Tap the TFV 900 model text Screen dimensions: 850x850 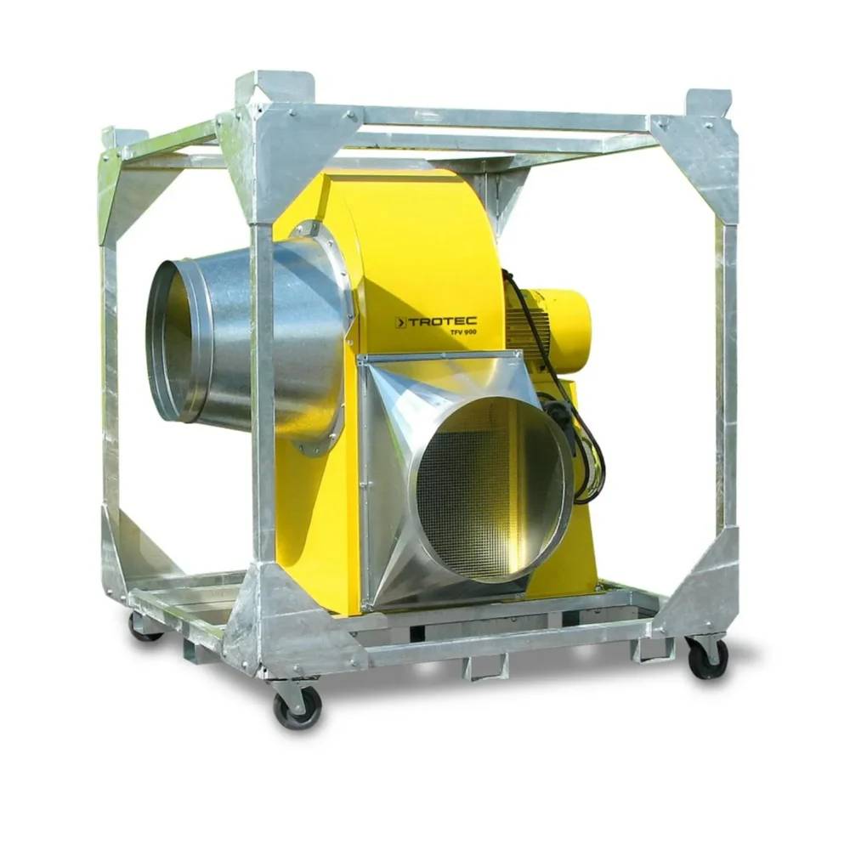coord(463,332)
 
